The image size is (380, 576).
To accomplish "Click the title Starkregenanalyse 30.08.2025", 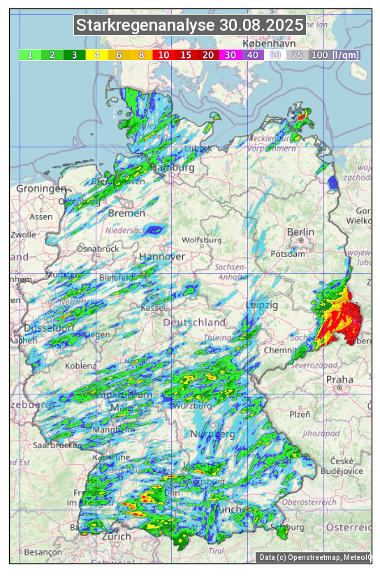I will click(x=190, y=26).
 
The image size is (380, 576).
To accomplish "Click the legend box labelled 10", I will click(x=164, y=54).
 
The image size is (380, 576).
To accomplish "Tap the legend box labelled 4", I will click(x=97, y=54).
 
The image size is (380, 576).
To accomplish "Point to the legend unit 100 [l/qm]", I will click(x=326, y=54).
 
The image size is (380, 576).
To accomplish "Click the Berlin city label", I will click(x=301, y=232).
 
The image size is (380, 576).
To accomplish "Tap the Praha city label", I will click(x=339, y=380).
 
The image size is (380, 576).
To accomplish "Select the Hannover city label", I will click(x=162, y=257).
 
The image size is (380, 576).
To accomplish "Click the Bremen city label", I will click(x=127, y=213).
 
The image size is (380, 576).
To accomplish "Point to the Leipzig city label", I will click(x=263, y=305).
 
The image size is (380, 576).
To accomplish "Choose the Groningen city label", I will click(x=41, y=189).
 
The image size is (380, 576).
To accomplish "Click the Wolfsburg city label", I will click(x=201, y=240).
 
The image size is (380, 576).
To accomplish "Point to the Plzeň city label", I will click(x=300, y=414).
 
